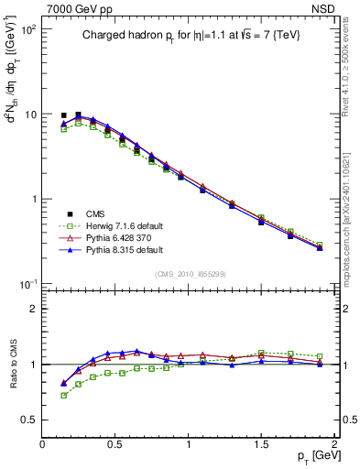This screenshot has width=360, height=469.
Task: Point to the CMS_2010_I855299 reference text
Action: (x=189, y=273)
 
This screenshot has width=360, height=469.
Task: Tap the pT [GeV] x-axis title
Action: (x=314, y=455)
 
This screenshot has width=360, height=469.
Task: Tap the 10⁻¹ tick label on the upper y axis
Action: (x=27, y=284)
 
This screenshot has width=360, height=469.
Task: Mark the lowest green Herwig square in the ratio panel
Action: (x=63, y=396)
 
